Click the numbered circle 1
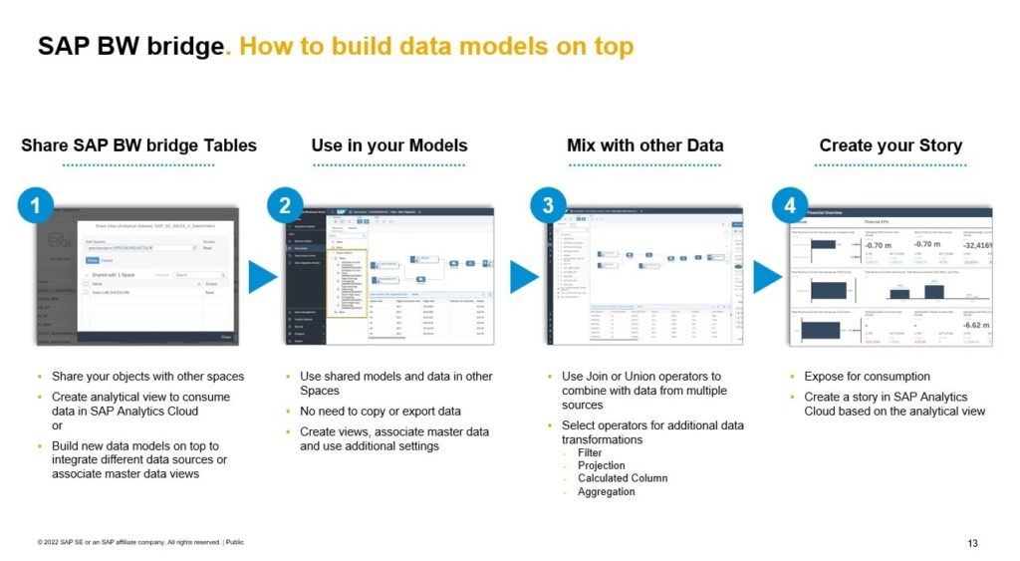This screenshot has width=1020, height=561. click(36, 206)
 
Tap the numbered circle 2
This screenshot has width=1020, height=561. click(285, 206)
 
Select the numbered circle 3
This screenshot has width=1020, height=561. click(548, 206)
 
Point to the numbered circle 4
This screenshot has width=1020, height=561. click(790, 206)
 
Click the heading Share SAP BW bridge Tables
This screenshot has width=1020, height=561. click(138, 145)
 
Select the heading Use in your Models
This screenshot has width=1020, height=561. click(388, 145)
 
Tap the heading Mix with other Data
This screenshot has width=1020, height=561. click(644, 145)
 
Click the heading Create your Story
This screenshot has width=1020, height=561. click(891, 145)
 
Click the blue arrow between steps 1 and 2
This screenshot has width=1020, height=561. click(261, 277)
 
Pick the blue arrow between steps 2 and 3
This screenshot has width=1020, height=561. click(524, 277)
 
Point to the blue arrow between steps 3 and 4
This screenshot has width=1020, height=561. click(766, 277)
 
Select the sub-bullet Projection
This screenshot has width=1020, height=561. click(601, 465)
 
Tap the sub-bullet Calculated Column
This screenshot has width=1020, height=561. click(623, 478)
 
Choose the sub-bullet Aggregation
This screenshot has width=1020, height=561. click(606, 491)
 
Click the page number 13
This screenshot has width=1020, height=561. click(972, 543)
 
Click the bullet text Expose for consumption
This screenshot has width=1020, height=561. click(867, 377)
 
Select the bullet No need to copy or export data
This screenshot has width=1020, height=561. click(380, 412)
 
